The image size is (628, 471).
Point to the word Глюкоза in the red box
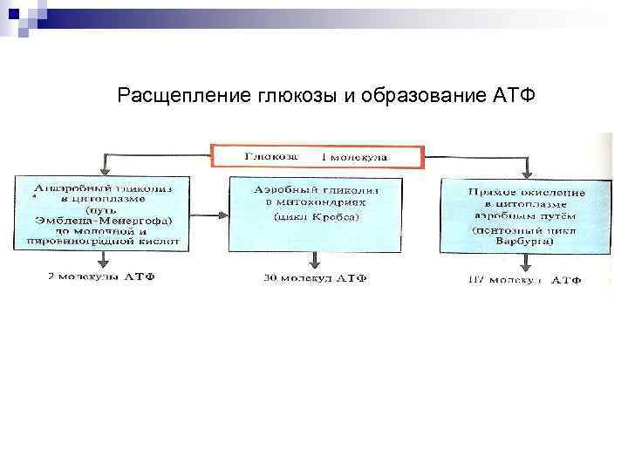tap(271, 157)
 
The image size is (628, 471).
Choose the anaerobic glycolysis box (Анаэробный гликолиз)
tap(103, 215)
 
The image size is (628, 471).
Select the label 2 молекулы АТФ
tap(102, 276)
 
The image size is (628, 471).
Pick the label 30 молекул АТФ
tap(315, 278)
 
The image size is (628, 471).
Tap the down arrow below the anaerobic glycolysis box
tap(103, 261)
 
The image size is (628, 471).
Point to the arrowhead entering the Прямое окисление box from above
tap(525, 171)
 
